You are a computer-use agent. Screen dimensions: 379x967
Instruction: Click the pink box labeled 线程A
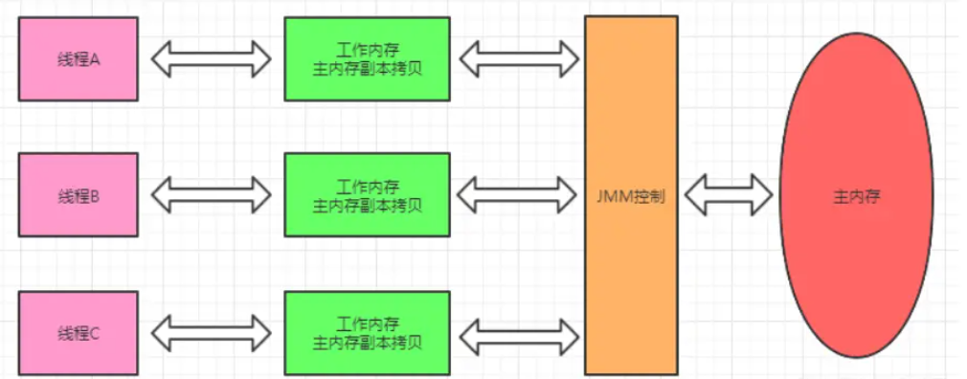(79, 58)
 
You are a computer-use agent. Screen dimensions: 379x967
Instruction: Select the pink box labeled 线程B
(79, 194)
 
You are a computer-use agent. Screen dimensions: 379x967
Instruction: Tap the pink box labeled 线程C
(79, 333)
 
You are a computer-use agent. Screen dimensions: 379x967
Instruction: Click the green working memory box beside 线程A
(367, 58)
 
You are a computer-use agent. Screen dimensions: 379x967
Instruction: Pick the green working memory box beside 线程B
(367, 194)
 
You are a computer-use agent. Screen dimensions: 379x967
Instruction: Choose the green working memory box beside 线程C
(367, 333)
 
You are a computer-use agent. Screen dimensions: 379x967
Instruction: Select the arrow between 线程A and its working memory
(211, 58)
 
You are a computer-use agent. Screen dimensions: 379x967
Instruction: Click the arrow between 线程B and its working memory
(211, 194)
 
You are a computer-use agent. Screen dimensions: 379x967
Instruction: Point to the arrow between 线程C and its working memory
(211, 333)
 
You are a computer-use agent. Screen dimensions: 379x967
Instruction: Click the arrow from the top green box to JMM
(518, 58)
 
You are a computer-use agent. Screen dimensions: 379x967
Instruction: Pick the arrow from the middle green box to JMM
(518, 194)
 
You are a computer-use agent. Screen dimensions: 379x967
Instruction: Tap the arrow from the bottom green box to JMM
(518, 333)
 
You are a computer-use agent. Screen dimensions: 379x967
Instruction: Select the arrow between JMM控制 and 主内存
(729, 194)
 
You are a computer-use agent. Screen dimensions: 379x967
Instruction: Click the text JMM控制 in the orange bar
(631, 197)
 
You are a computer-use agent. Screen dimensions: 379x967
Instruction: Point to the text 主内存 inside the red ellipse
(856, 196)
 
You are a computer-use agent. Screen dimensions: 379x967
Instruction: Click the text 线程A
(79, 58)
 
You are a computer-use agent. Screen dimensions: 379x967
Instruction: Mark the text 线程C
(79, 333)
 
